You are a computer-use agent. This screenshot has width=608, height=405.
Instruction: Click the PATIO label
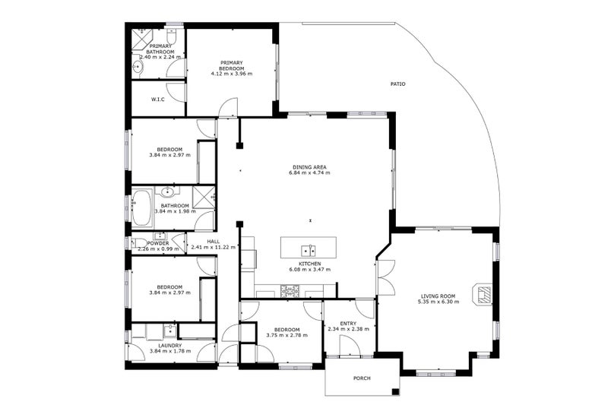tap(397, 84)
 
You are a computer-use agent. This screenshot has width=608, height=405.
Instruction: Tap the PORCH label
tap(362, 378)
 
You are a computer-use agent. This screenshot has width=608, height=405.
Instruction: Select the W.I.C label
tap(157, 100)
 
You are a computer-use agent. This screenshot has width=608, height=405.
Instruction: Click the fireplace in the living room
tap(482, 295)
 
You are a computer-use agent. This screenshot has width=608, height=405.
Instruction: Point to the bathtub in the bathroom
tap(142, 207)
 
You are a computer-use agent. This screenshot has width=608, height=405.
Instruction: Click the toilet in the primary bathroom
tap(172, 36)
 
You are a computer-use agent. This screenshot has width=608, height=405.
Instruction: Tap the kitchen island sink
tap(309, 251)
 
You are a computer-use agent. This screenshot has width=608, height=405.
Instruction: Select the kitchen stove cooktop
tap(290, 291)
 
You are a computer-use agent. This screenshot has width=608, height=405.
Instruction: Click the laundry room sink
tap(169, 331)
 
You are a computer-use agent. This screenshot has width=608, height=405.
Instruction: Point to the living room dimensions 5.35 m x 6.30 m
tap(439, 302)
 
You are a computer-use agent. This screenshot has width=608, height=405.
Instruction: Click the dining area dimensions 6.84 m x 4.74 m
tap(309, 172)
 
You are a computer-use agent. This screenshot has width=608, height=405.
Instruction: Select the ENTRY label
tap(348, 324)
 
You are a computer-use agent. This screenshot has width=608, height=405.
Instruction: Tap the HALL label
tap(214, 242)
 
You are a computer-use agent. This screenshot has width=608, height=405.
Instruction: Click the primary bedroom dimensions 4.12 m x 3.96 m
tap(232, 74)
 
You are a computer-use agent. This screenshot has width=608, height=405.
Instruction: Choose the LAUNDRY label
tap(169, 346)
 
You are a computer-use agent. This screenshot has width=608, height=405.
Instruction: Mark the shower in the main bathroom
tap(204, 197)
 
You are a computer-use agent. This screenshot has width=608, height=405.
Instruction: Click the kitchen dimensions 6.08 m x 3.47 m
tap(310, 269)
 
